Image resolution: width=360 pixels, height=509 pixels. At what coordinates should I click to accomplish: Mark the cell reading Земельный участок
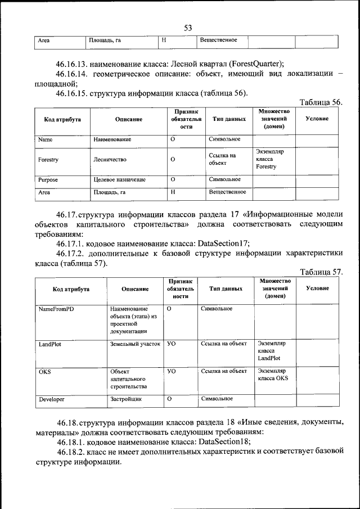tap(135, 343)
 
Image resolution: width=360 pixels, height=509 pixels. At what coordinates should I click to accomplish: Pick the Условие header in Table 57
tap(317, 289)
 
